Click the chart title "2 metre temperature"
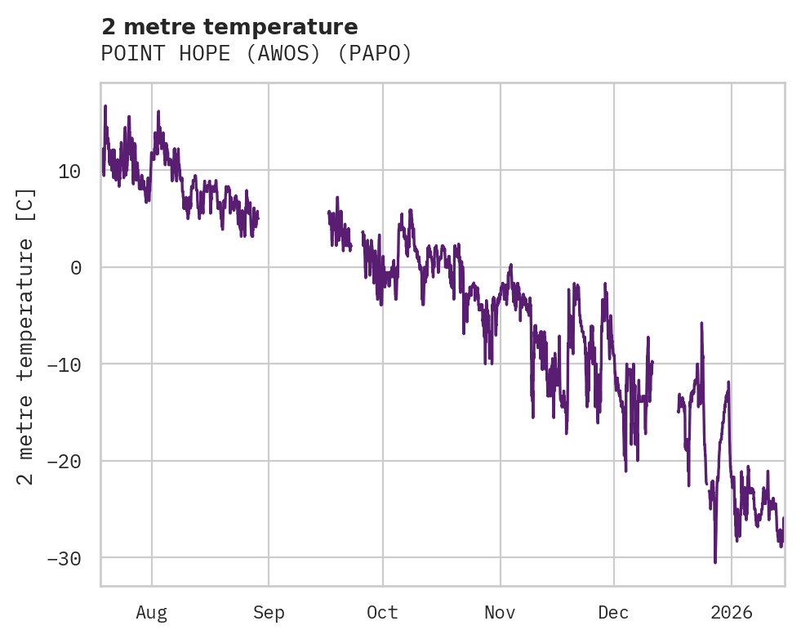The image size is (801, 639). click(x=229, y=27)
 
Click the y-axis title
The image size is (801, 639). click(x=26, y=336)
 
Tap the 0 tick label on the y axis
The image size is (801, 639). click(x=76, y=268)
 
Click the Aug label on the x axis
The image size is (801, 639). click(x=152, y=613)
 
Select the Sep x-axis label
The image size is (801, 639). click(x=269, y=613)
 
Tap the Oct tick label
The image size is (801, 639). click(x=382, y=613)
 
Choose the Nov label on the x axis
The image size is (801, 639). click(x=500, y=613)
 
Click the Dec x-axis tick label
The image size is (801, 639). click(x=613, y=613)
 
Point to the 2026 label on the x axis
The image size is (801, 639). click(x=732, y=613)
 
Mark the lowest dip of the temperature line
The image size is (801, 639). click(x=715, y=562)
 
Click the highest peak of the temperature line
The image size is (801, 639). click(x=105, y=106)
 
